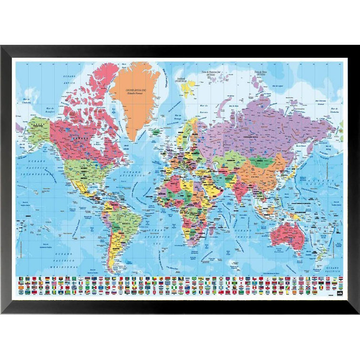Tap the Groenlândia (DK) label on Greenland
click(x=136, y=91)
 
